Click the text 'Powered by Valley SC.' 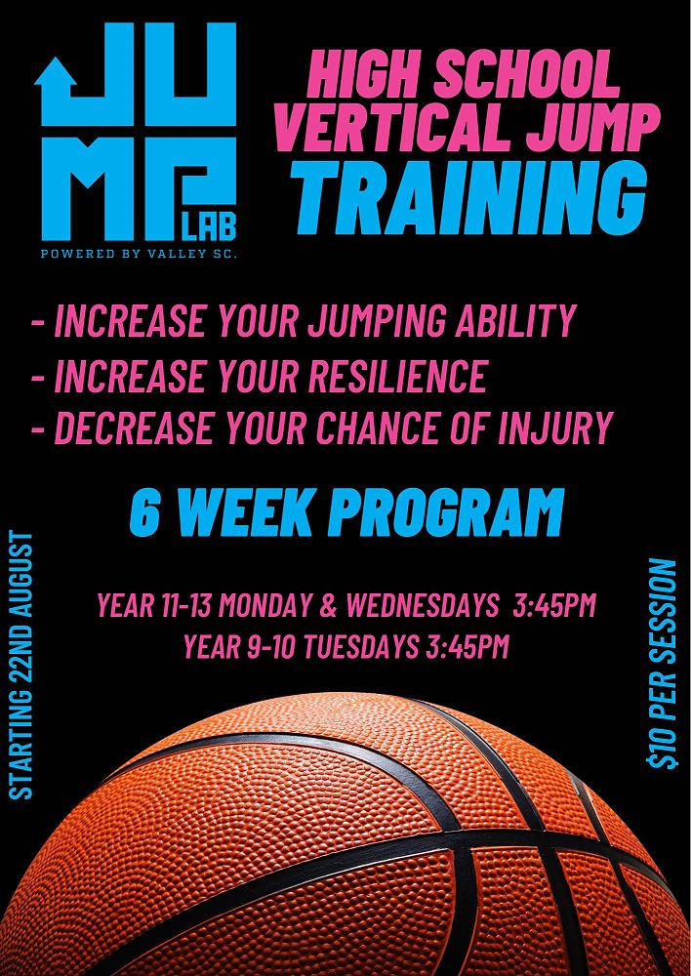point(139,254)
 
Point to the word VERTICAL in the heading point(389,127)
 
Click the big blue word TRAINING point(468,197)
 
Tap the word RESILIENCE point(397,376)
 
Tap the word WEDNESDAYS point(423,605)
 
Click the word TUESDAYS point(361,647)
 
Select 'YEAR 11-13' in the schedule point(154,605)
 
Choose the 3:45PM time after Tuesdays point(467,647)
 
